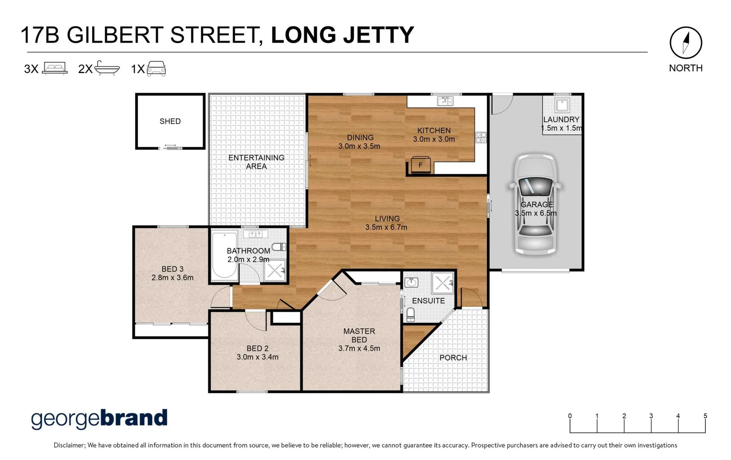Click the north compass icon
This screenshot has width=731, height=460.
[685, 43]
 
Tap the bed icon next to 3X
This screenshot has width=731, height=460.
[55, 68]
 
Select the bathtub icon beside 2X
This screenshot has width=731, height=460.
[107, 68]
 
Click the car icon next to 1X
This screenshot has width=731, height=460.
[156, 68]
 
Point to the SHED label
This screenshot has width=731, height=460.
[170, 121]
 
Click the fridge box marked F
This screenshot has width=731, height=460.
[421, 165]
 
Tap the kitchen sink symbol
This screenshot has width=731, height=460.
[445, 101]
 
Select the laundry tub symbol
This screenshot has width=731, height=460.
[562, 105]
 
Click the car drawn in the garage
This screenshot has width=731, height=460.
[535, 204]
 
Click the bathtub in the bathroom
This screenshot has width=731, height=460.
[224, 256]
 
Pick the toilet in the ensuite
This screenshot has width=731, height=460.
[410, 315]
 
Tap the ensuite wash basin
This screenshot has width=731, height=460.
[411, 282]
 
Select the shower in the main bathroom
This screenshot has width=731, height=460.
[274, 270]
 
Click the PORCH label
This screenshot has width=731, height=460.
[453, 358]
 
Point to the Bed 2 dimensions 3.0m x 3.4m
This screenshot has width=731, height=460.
[257, 357]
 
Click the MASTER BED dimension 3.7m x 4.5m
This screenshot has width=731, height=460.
[359, 348]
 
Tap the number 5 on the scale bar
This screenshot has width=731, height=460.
[705, 416]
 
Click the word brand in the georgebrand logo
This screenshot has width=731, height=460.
[134, 418]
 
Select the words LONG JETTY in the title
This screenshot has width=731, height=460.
[342, 35]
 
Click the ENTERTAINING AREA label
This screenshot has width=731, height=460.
[256, 162]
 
